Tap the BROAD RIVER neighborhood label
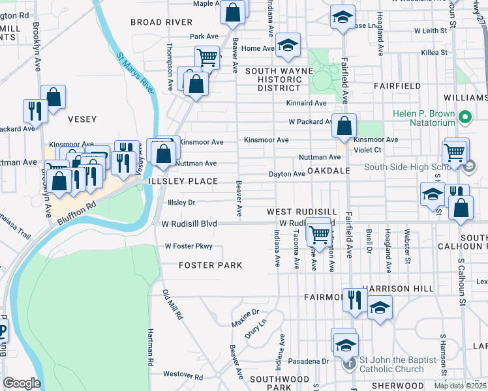click(161, 22)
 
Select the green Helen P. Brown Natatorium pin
click(465, 118)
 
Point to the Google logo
click(21, 383)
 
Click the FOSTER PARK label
click(211, 265)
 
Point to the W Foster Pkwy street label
click(189, 246)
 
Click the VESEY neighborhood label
click(82, 119)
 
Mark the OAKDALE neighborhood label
click(330, 171)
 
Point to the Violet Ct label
click(367, 149)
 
